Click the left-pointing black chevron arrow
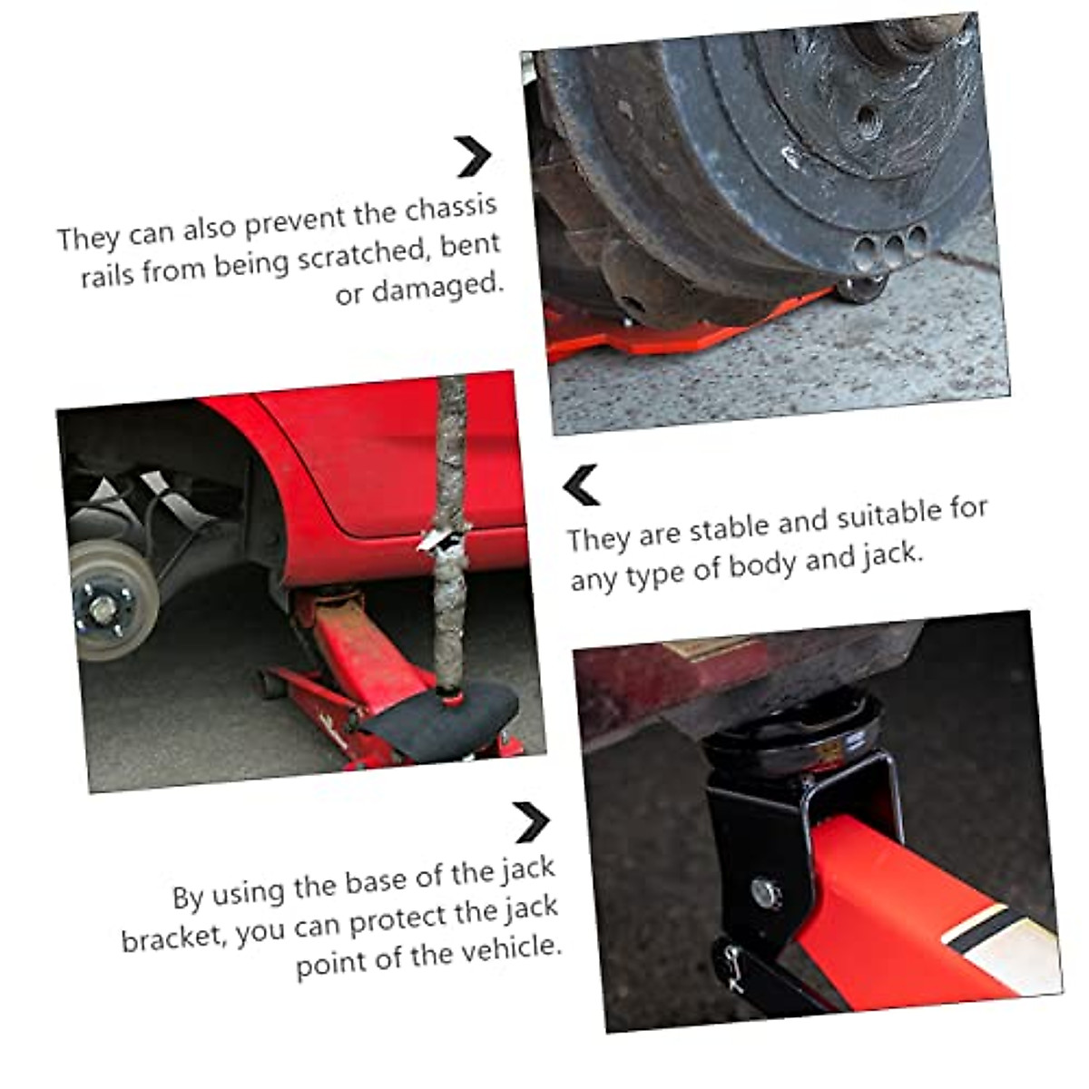coord(581,485)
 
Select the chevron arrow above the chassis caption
coord(473,156)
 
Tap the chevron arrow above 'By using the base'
coord(531,822)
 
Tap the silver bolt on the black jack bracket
coord(766,893)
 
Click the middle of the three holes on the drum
coord(895,247)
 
